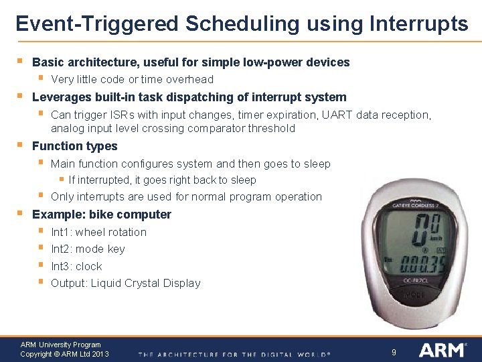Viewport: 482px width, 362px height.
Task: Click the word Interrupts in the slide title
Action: pyautogui.click(x=418, y=24)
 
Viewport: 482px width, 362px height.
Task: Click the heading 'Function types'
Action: pyautogui.click(x=74, y=146)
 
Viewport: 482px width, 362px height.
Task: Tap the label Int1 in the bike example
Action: pyautogui.click(x=61, y=232)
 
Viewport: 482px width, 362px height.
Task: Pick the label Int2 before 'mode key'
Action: pyautogui.click(x=61, y=249)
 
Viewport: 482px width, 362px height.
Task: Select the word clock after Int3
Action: pyautogui.click(x=88, y=266)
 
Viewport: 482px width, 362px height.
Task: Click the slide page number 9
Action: pyautogui.click(x=394, y=351)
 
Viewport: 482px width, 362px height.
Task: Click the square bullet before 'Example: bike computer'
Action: pyautogui.click(x=21, y=214)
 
